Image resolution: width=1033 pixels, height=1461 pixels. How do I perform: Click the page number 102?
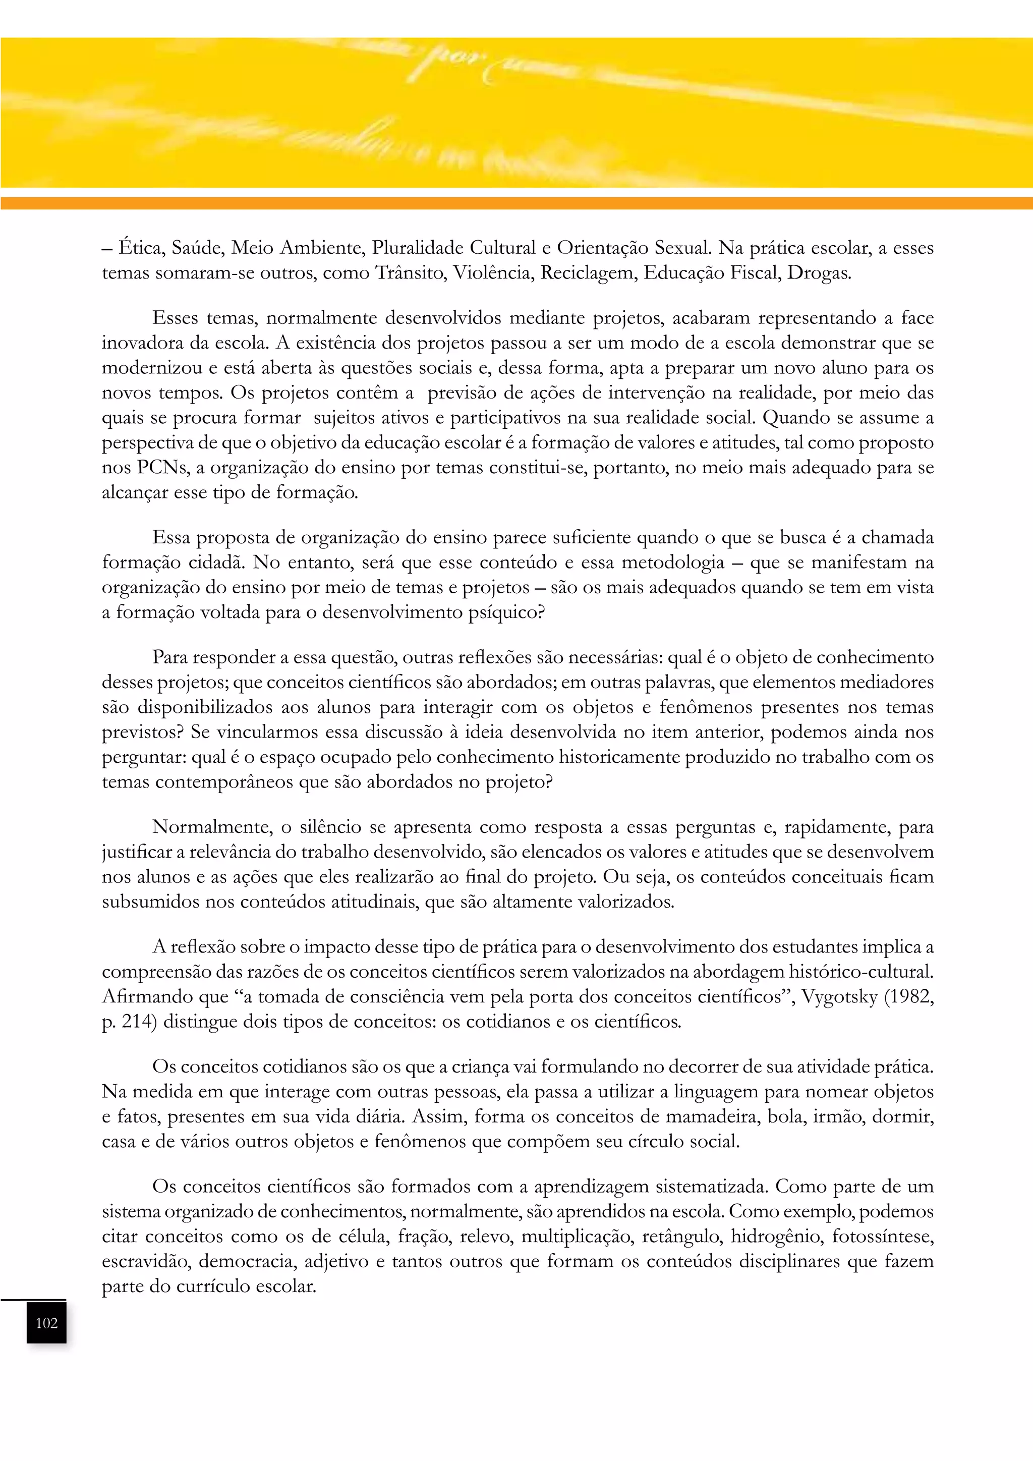[x=46, y=1323]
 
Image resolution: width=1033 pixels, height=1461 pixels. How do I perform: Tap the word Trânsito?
[x=412, y=273]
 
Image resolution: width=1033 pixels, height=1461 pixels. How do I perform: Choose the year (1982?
[x=909, y=996]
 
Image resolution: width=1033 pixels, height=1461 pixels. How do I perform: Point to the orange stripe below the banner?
[x=516, y=203]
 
